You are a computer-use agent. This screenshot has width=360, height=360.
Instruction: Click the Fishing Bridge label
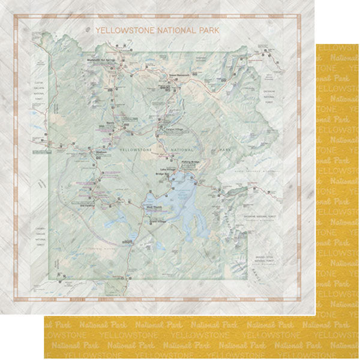point(190,161)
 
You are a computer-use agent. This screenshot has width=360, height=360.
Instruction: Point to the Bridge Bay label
point(164,175)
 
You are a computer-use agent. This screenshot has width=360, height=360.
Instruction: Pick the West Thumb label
point(149,208)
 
